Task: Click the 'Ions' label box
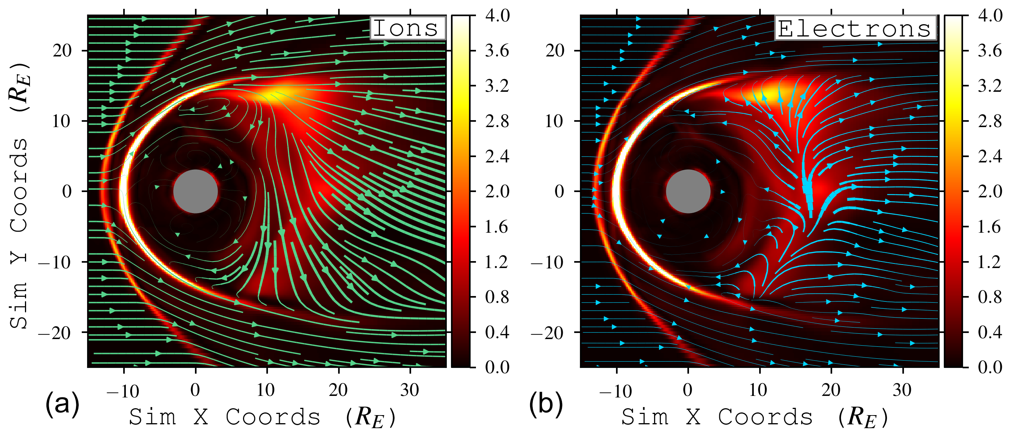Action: [407, 28]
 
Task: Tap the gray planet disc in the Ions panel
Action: [195, 191]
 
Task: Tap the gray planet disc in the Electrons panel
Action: [688, 191]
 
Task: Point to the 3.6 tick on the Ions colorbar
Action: [497, 51]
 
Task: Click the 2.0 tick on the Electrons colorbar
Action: [990, 191]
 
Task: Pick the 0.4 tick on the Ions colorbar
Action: [497, 332]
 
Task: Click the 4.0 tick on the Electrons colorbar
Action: [990, 16]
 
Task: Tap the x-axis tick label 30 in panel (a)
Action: [410, 390]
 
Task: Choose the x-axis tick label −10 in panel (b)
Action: [615, 391]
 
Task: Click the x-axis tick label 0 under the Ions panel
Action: [195, 390]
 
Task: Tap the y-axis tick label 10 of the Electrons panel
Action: [554, 121]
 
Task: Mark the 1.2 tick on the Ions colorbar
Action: [497, 262]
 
